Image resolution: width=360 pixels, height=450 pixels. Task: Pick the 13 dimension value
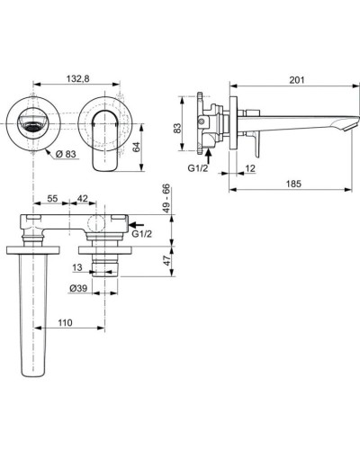point(78,268)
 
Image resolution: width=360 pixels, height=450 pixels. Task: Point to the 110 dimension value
point(65,319)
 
